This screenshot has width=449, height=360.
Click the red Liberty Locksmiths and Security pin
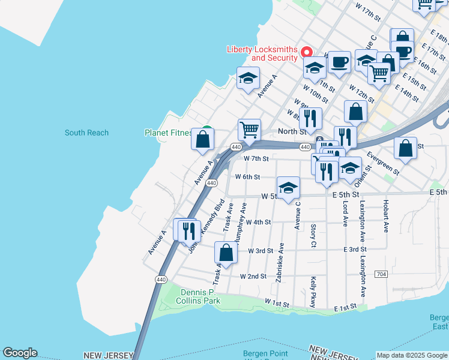(x=306, y=52)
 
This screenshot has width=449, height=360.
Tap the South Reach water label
(x=86, y=133)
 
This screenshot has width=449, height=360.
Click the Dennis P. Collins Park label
(x=200, y=296)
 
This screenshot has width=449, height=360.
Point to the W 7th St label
(x=256, y=158)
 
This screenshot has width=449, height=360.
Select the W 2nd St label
(x=253, y=277)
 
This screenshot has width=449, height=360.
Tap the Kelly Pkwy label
(x=313, y=292)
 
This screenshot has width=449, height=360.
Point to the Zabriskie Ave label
(x=280, y=262)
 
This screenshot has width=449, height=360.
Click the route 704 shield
(x=380, y=274)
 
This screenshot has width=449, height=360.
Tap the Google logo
(x=20, y=353)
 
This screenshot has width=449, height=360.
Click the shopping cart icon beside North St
(x=249, y=129)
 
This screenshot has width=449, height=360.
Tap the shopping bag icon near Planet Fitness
(x=203, y=139)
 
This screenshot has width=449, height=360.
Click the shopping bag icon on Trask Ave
(x=226, y=253)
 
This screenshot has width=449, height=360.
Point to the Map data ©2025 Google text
(x=412, y=355)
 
